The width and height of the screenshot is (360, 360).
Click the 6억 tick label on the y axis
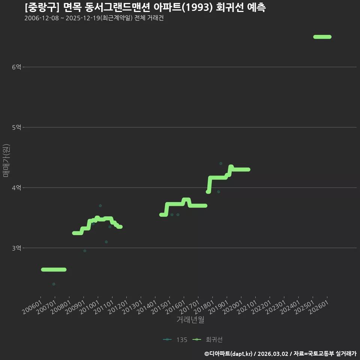click(x=16, y=67)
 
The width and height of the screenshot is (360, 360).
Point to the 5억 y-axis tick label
click(x=16, y=127)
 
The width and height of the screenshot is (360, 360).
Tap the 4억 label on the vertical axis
click(x=16, y=188)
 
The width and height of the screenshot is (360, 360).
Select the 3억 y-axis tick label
click(x=16, y=248)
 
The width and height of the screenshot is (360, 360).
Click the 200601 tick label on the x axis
click(x=32, y=307)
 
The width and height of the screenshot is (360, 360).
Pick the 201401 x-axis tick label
click(x=147, y=307)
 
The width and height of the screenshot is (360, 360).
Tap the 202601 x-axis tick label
click(x=319, y=307)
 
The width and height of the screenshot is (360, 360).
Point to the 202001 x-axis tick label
click(x=232, y=307)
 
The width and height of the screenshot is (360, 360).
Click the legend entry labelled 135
click(x=175, y=340)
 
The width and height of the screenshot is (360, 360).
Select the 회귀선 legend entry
click(x=207, y=340)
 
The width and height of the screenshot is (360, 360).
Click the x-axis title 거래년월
click(x=190, y=319)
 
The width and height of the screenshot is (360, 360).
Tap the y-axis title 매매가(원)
click(x=6, y=160)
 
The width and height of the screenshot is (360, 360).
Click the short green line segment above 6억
click(x=322, y=37)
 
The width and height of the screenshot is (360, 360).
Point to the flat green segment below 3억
click(x=54, y=270)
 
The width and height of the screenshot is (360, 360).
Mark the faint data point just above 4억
click(x=221, y=163)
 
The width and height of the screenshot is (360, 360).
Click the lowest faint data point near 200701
click(x=54, y=284)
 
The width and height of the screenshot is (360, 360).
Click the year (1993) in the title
click(x=198, y=7)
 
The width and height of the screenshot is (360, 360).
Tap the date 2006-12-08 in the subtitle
click(x=42, y=18)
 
